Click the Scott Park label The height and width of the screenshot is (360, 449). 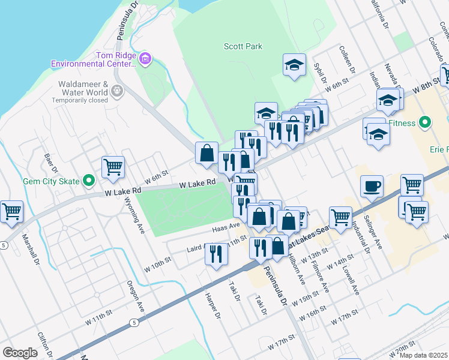pyautogui.click(x=243, y=46)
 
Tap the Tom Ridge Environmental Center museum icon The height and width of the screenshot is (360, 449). pyautogui.click(x=145, y=59)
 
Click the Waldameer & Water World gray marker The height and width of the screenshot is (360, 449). pyautogui.click(x=116, y=91)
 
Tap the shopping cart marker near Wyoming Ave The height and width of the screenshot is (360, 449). pyautogui.click(x=113, y=167)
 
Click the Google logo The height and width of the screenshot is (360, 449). pyautogui.click(x=20, y=353)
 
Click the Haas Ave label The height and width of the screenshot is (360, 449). pyautogui.click(x=226, y=228)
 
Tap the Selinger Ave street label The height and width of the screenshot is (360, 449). pyautogui.click(x=376, y=235)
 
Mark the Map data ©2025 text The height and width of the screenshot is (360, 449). pyautogui.click(x=424, y=355)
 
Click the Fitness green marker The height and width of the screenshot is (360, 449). pyautogui.click(x=426, y=124)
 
